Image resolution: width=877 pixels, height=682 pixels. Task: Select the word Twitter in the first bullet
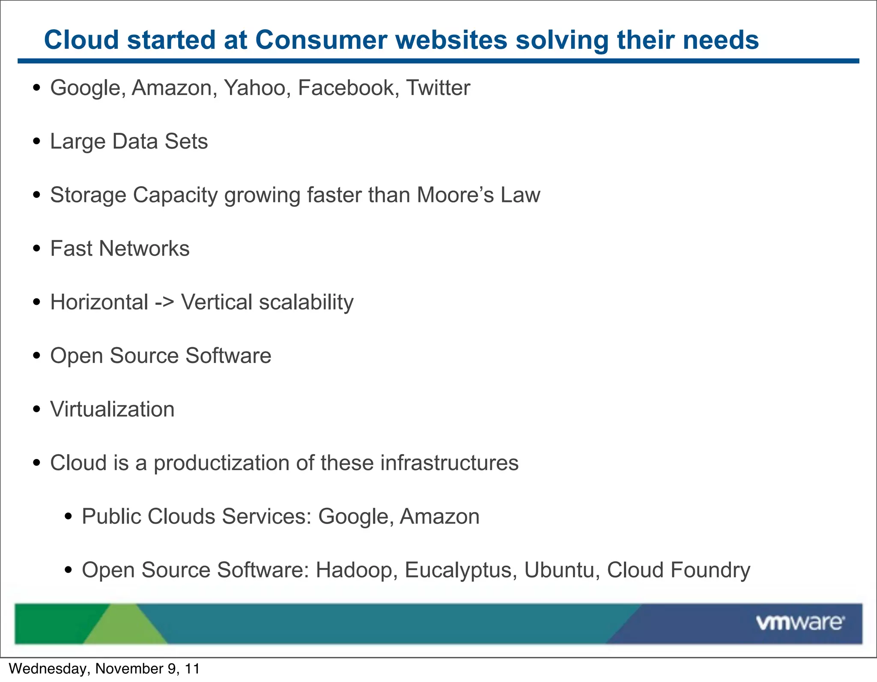point(438,88)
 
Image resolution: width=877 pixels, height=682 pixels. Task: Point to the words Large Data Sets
point(128,141)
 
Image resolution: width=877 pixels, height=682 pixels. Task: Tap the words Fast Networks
point(119,248)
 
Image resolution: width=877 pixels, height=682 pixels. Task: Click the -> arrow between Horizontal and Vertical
point(164,302)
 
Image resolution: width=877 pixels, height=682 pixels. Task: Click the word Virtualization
point(112,409)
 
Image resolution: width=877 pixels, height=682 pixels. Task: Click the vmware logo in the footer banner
point(799,622)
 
